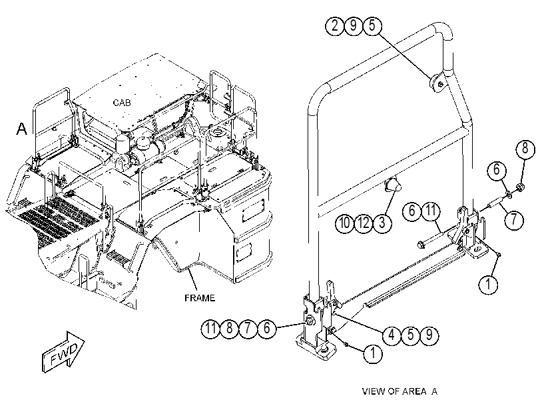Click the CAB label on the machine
point(122,103)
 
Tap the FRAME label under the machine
point(200,298)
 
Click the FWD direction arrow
point(64,352)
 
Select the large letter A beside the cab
point(22,129)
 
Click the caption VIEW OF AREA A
point(400,391)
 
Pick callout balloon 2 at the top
point(335,26)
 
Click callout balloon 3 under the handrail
point(382,223)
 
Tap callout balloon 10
point(344,223)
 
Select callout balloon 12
point(364,223)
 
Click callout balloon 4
point(392,335)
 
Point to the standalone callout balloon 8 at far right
point(525,149)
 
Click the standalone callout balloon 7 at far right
point(514,219)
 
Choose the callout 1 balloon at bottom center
point(373,353)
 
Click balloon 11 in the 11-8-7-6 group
point(210,328)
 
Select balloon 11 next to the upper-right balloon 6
point(431,211)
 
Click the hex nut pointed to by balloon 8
point(520,187)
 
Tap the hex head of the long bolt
point(421,245)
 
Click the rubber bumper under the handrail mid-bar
point(392,185)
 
